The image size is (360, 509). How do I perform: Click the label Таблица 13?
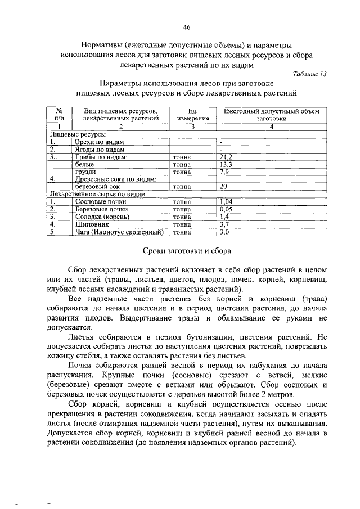(x=310, y=74)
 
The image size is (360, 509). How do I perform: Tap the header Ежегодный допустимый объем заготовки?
(x=272, y=115)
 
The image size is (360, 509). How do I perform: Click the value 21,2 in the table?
(x=226, y=157)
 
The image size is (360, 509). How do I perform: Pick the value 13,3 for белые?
(x=226, y=164)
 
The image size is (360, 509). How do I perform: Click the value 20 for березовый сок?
(x=223, y=186)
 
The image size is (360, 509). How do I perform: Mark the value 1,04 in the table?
(x=226, y=201)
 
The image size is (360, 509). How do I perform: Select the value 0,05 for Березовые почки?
(x=226, y=209)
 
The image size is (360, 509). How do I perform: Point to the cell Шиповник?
(x=91, y=224)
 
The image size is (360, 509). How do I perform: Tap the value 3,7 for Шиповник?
(x=224, y=224)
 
